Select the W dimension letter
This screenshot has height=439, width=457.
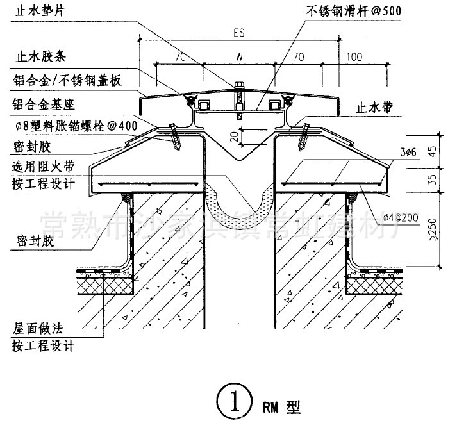click(x=239, y=57)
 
